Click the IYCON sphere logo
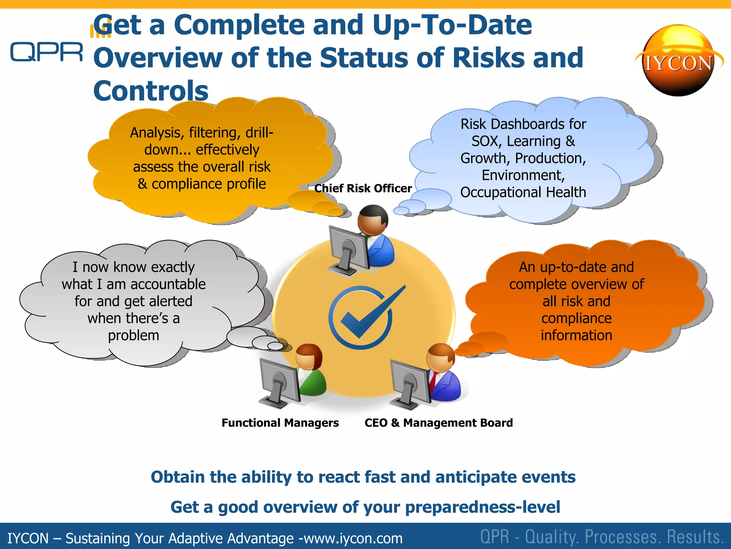678,61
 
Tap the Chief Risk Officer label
363,188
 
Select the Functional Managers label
280,423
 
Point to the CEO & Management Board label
439,423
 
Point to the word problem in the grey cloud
133,335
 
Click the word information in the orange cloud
576,335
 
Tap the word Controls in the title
151,91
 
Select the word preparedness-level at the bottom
483,507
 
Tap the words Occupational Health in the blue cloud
523,192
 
